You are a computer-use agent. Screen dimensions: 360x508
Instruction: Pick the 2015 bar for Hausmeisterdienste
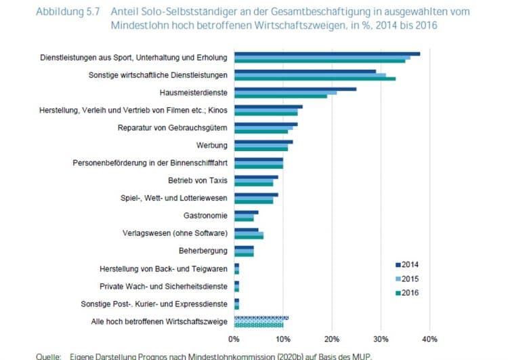point(285,92)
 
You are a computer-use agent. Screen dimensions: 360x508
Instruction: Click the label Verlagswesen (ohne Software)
point(177,233)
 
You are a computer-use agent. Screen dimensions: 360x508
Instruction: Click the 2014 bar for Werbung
point(263,142)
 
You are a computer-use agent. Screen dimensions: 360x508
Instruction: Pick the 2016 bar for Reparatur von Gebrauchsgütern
point(261,131)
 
